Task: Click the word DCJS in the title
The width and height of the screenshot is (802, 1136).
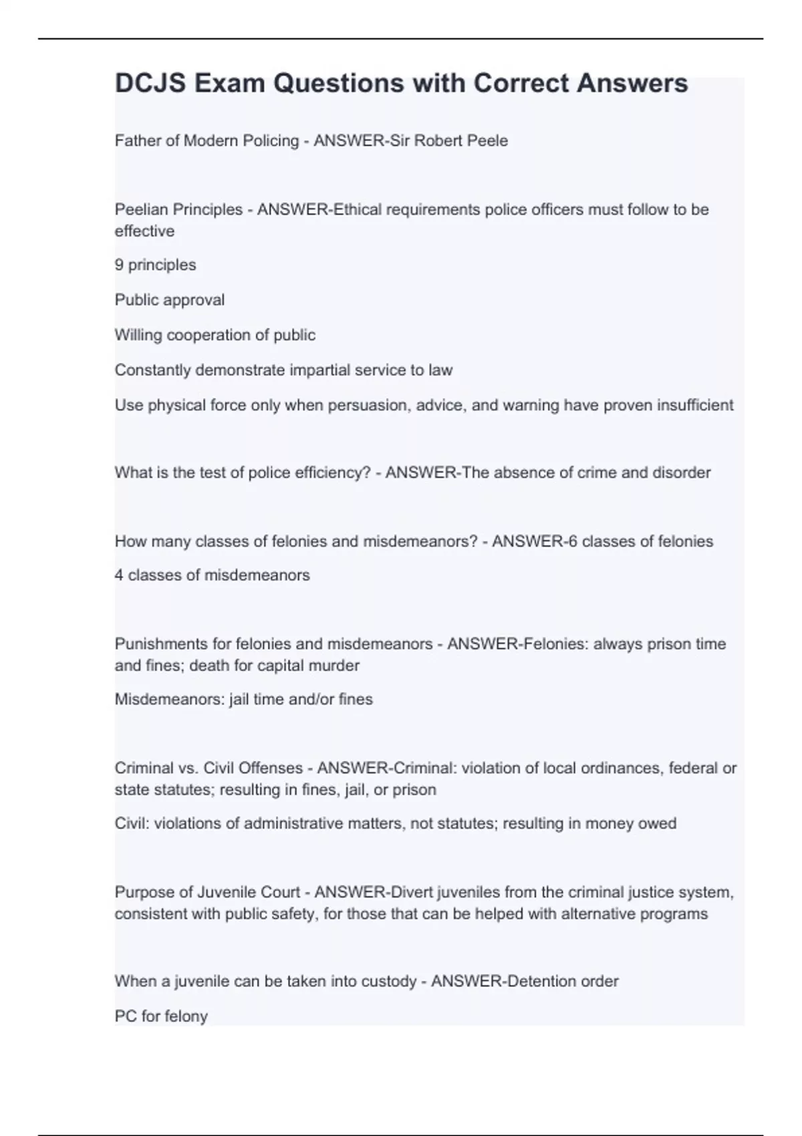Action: point(148,84)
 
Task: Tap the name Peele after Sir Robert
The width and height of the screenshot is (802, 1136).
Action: point(488,141)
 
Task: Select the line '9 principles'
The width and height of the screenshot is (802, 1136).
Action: point(155,265)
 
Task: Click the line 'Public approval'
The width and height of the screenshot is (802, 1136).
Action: point(170,300)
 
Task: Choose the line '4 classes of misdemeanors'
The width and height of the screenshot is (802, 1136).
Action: point(212,575)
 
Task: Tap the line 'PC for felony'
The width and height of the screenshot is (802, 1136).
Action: point(161,1016)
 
